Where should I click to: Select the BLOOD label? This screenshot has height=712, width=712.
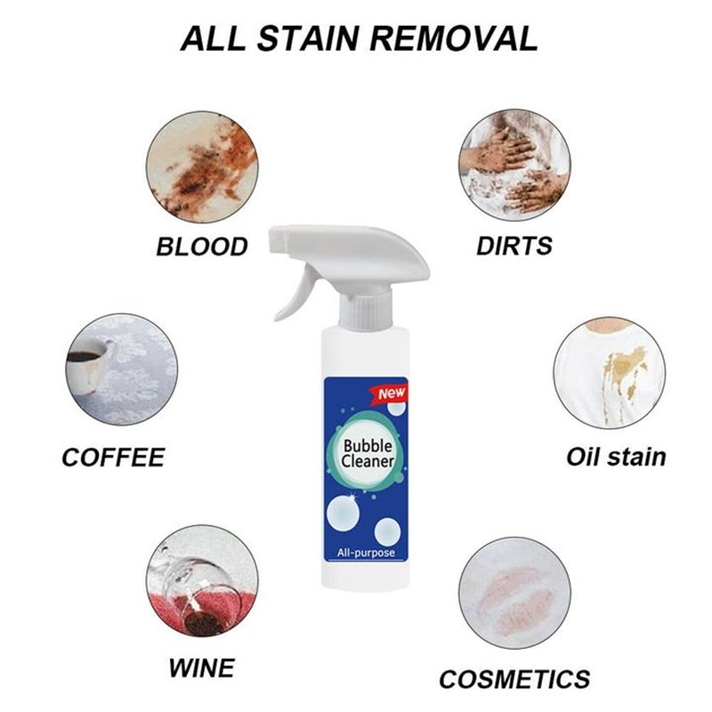201,246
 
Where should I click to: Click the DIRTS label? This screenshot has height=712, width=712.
514,246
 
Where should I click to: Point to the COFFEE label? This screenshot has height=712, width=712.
113,457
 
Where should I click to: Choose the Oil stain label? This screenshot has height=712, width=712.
616,457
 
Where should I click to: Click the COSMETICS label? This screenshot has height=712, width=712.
514,679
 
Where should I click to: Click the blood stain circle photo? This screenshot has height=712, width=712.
202,163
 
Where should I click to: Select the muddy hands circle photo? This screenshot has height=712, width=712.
514,163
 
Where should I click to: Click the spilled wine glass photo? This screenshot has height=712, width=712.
202,583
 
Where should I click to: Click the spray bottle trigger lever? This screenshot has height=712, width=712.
299,295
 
